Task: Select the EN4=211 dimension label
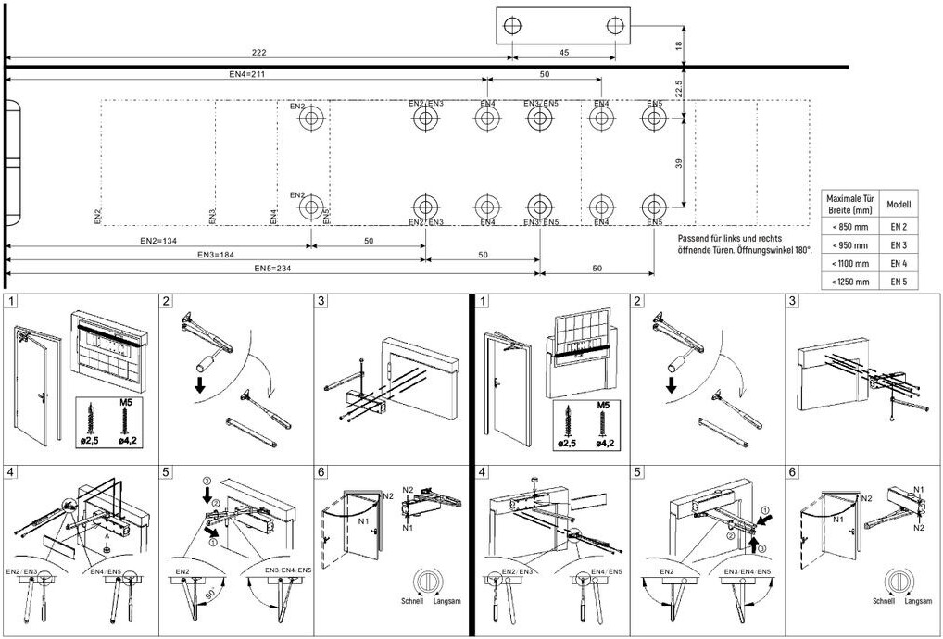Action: [x=247, y=74]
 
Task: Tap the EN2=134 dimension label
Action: [x=158, y=241]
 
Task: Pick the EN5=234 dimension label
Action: [x=273, y=269]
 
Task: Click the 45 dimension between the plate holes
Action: [x=564, y=52]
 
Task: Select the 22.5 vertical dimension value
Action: [x=679, y=89]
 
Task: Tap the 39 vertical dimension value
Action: [x=679, y=163]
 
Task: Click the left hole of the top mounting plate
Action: [x=512, y=27]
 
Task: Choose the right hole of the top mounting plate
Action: [x=615, y=27]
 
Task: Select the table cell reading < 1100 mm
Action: [x=849, y=263]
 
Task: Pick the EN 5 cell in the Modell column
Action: [x=898, y=281]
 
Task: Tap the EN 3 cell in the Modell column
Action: [x=898, y=245]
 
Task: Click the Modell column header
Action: [x=898, y=204]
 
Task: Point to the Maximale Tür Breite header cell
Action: [x=849, y=204]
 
